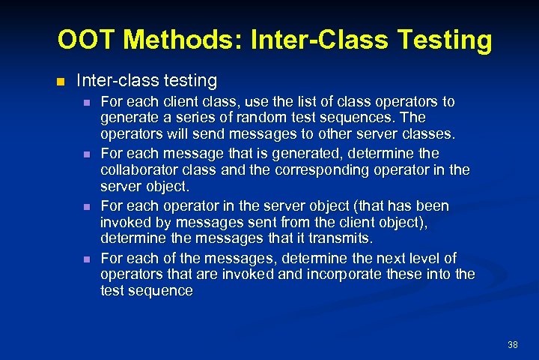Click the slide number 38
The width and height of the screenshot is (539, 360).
click(x=512, y=344)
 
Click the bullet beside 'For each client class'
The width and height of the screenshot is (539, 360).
click(x=87, y=102)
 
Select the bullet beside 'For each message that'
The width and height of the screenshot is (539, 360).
click(x=87, y=154)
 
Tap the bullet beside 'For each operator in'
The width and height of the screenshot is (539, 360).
click(x=87, y=206)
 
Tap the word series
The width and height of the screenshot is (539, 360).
click(x=184, y=118)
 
